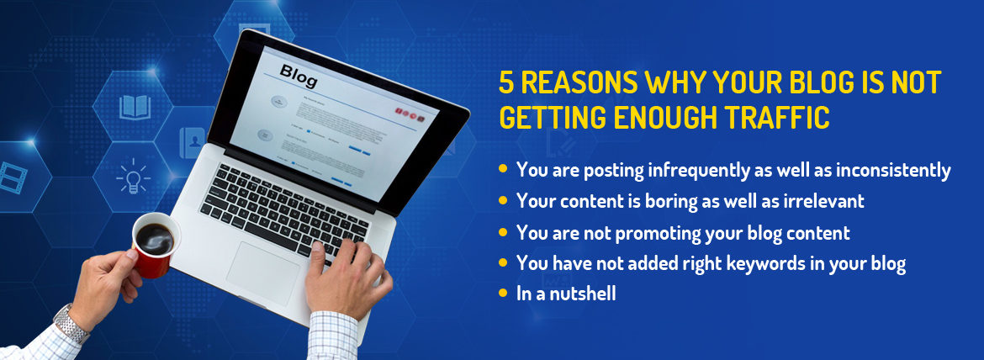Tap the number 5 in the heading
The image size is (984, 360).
[x=506, y=83]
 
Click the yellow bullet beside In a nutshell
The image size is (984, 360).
[x=503, y=293]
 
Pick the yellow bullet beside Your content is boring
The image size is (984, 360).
[x=503, y=200]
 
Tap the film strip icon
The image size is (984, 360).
[x=12, y=177]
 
